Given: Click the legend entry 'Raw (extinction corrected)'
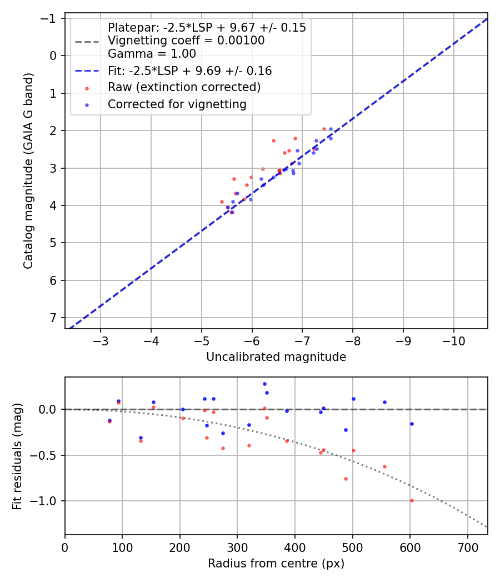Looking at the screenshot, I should coord(184,87).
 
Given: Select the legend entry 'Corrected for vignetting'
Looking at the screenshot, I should coord(177,104).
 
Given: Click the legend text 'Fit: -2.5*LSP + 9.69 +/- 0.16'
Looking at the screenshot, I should coord(189,71).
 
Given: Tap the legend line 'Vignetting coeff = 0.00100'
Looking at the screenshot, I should coord(186,41).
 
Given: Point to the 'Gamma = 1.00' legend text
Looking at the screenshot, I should coord(152,54).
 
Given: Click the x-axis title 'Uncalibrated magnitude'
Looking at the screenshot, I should coord(276,357).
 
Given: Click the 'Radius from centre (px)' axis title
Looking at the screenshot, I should coord(276,564).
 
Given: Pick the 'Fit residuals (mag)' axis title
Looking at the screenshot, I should coord(17,456).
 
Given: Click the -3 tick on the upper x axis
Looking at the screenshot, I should coord(101,340).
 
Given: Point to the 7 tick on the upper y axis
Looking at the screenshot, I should coord(54,318).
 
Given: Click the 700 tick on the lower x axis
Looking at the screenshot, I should coord(467,546).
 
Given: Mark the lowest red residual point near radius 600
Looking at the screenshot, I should coord(412,500).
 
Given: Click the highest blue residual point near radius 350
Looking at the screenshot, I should coord(264,384).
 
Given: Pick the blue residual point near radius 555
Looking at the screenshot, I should coord(384,402).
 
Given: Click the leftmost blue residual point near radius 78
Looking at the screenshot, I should coord(109,420).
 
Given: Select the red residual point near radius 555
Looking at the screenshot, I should coord(384,466).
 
